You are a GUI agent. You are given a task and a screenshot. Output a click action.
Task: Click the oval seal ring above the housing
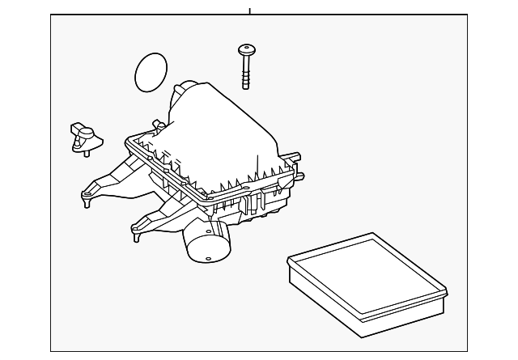click(x=151, y=72)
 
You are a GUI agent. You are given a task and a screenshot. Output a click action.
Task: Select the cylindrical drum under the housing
click(x=206, y=241)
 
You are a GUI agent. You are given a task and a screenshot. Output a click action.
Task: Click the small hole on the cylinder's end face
click(x=207, y=260)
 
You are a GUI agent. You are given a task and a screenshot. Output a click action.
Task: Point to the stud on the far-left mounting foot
click(x=85, y=196)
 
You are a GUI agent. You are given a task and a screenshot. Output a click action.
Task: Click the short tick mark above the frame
click(x=250, y=11)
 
